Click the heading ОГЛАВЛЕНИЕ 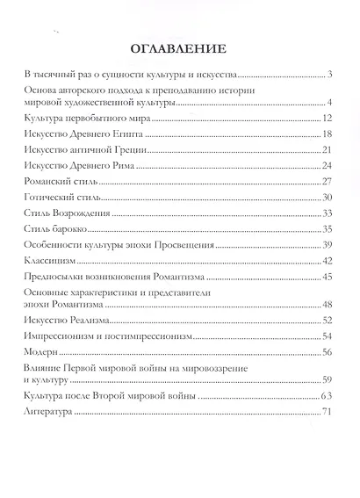pos(179,48)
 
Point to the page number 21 pos(324,150)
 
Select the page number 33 pos(324,213)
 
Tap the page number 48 pos(324,304)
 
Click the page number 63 pos(324,397)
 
